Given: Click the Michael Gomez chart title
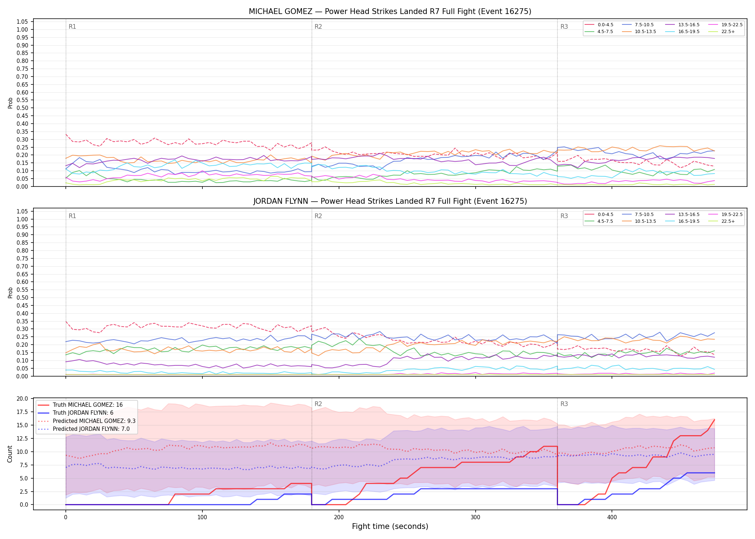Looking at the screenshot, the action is click(390, 11).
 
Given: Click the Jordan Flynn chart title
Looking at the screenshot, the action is click(390, 201).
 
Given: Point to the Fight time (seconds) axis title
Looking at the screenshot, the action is click(390, 526).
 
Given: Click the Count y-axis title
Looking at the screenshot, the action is click(10, 454).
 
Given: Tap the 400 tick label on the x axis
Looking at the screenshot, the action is click(612, 517).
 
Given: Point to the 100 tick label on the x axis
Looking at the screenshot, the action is click(202, 517).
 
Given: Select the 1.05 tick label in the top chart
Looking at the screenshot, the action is click(22, 22).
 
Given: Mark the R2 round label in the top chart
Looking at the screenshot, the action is click(318, 27).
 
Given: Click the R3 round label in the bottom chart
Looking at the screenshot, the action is click(564, 404).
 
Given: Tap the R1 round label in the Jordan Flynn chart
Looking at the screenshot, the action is click(72, 216).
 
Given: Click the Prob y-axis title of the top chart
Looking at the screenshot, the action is click(10, 103).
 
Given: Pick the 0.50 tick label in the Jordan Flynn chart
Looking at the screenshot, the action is click(22, 298).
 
